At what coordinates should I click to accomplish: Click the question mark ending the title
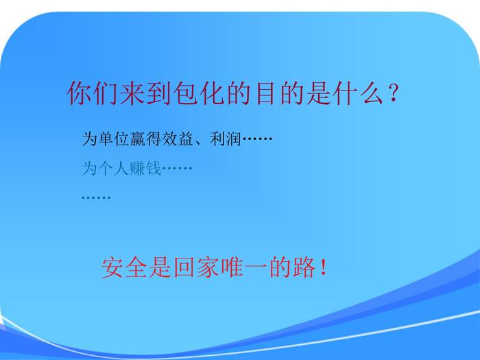point(393,93)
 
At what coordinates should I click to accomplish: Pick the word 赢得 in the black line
point(145,139)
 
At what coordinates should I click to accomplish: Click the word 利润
point(226,139)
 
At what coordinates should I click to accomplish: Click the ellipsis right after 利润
point(257,139)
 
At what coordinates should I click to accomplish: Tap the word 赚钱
point(145,168)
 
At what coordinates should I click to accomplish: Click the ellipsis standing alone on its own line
point(96,197)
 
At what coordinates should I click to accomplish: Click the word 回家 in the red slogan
point(196,267)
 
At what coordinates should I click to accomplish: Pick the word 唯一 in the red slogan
point(244,267)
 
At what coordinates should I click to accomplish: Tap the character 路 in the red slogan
point(304,267)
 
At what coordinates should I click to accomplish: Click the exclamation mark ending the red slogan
point(323,267)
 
